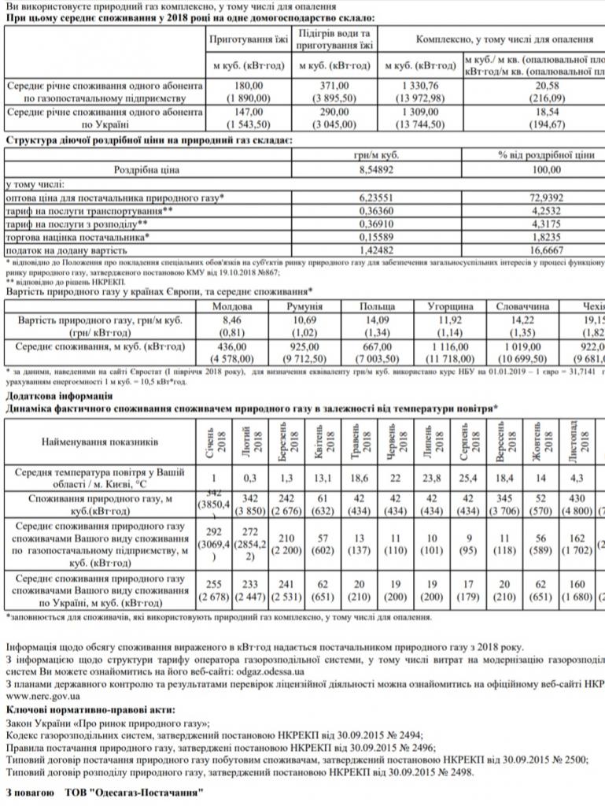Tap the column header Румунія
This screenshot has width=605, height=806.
(306, 306)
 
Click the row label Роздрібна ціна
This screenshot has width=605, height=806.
(147, 169)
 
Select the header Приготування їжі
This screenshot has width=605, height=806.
(249, 39)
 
